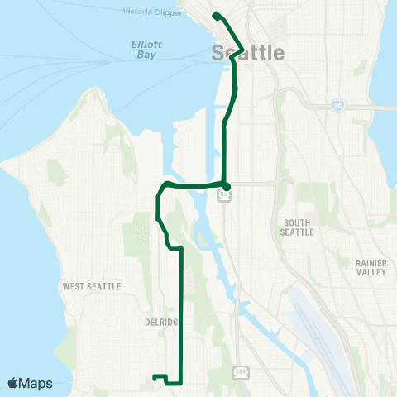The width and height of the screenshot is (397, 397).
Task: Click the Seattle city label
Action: [248, 53]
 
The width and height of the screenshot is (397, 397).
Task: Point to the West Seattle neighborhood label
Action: [92, 286]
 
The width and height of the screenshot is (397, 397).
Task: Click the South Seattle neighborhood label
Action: [298, 227]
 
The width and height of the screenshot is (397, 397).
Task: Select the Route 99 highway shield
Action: [223, 196]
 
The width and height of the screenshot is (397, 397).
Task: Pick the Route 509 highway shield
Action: [240, 371]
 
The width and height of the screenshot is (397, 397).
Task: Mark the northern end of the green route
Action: [215, 15]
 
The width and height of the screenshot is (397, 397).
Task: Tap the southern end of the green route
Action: [155, 379]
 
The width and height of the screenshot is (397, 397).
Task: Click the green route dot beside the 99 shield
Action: [225, 184]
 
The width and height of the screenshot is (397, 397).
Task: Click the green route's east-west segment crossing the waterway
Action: [197, 184]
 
